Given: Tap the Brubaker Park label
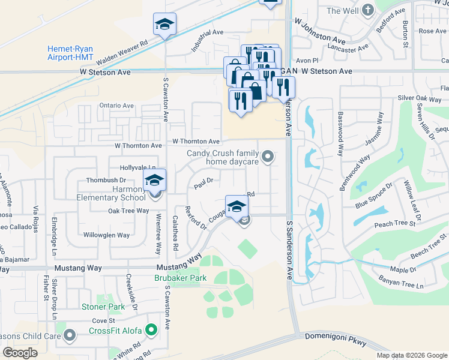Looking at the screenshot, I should pos(181,278).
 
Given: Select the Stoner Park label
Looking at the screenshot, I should pos(103,307).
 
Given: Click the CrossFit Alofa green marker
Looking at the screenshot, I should pos(151,329).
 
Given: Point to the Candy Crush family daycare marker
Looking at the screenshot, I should pos(268,157).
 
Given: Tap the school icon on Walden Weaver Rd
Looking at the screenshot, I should pos(164,25).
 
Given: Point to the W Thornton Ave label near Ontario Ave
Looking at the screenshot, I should pos(139,146).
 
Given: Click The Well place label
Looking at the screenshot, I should pos(342,11).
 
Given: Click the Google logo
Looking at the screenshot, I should pos(20,352).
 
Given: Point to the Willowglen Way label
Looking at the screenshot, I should pos(106,235).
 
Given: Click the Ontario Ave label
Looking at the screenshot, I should pos(116,106).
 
